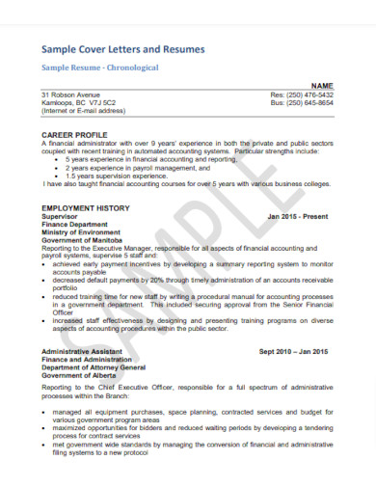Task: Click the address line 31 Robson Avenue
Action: pos(70,95)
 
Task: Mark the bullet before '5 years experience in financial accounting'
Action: pos(57,158)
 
